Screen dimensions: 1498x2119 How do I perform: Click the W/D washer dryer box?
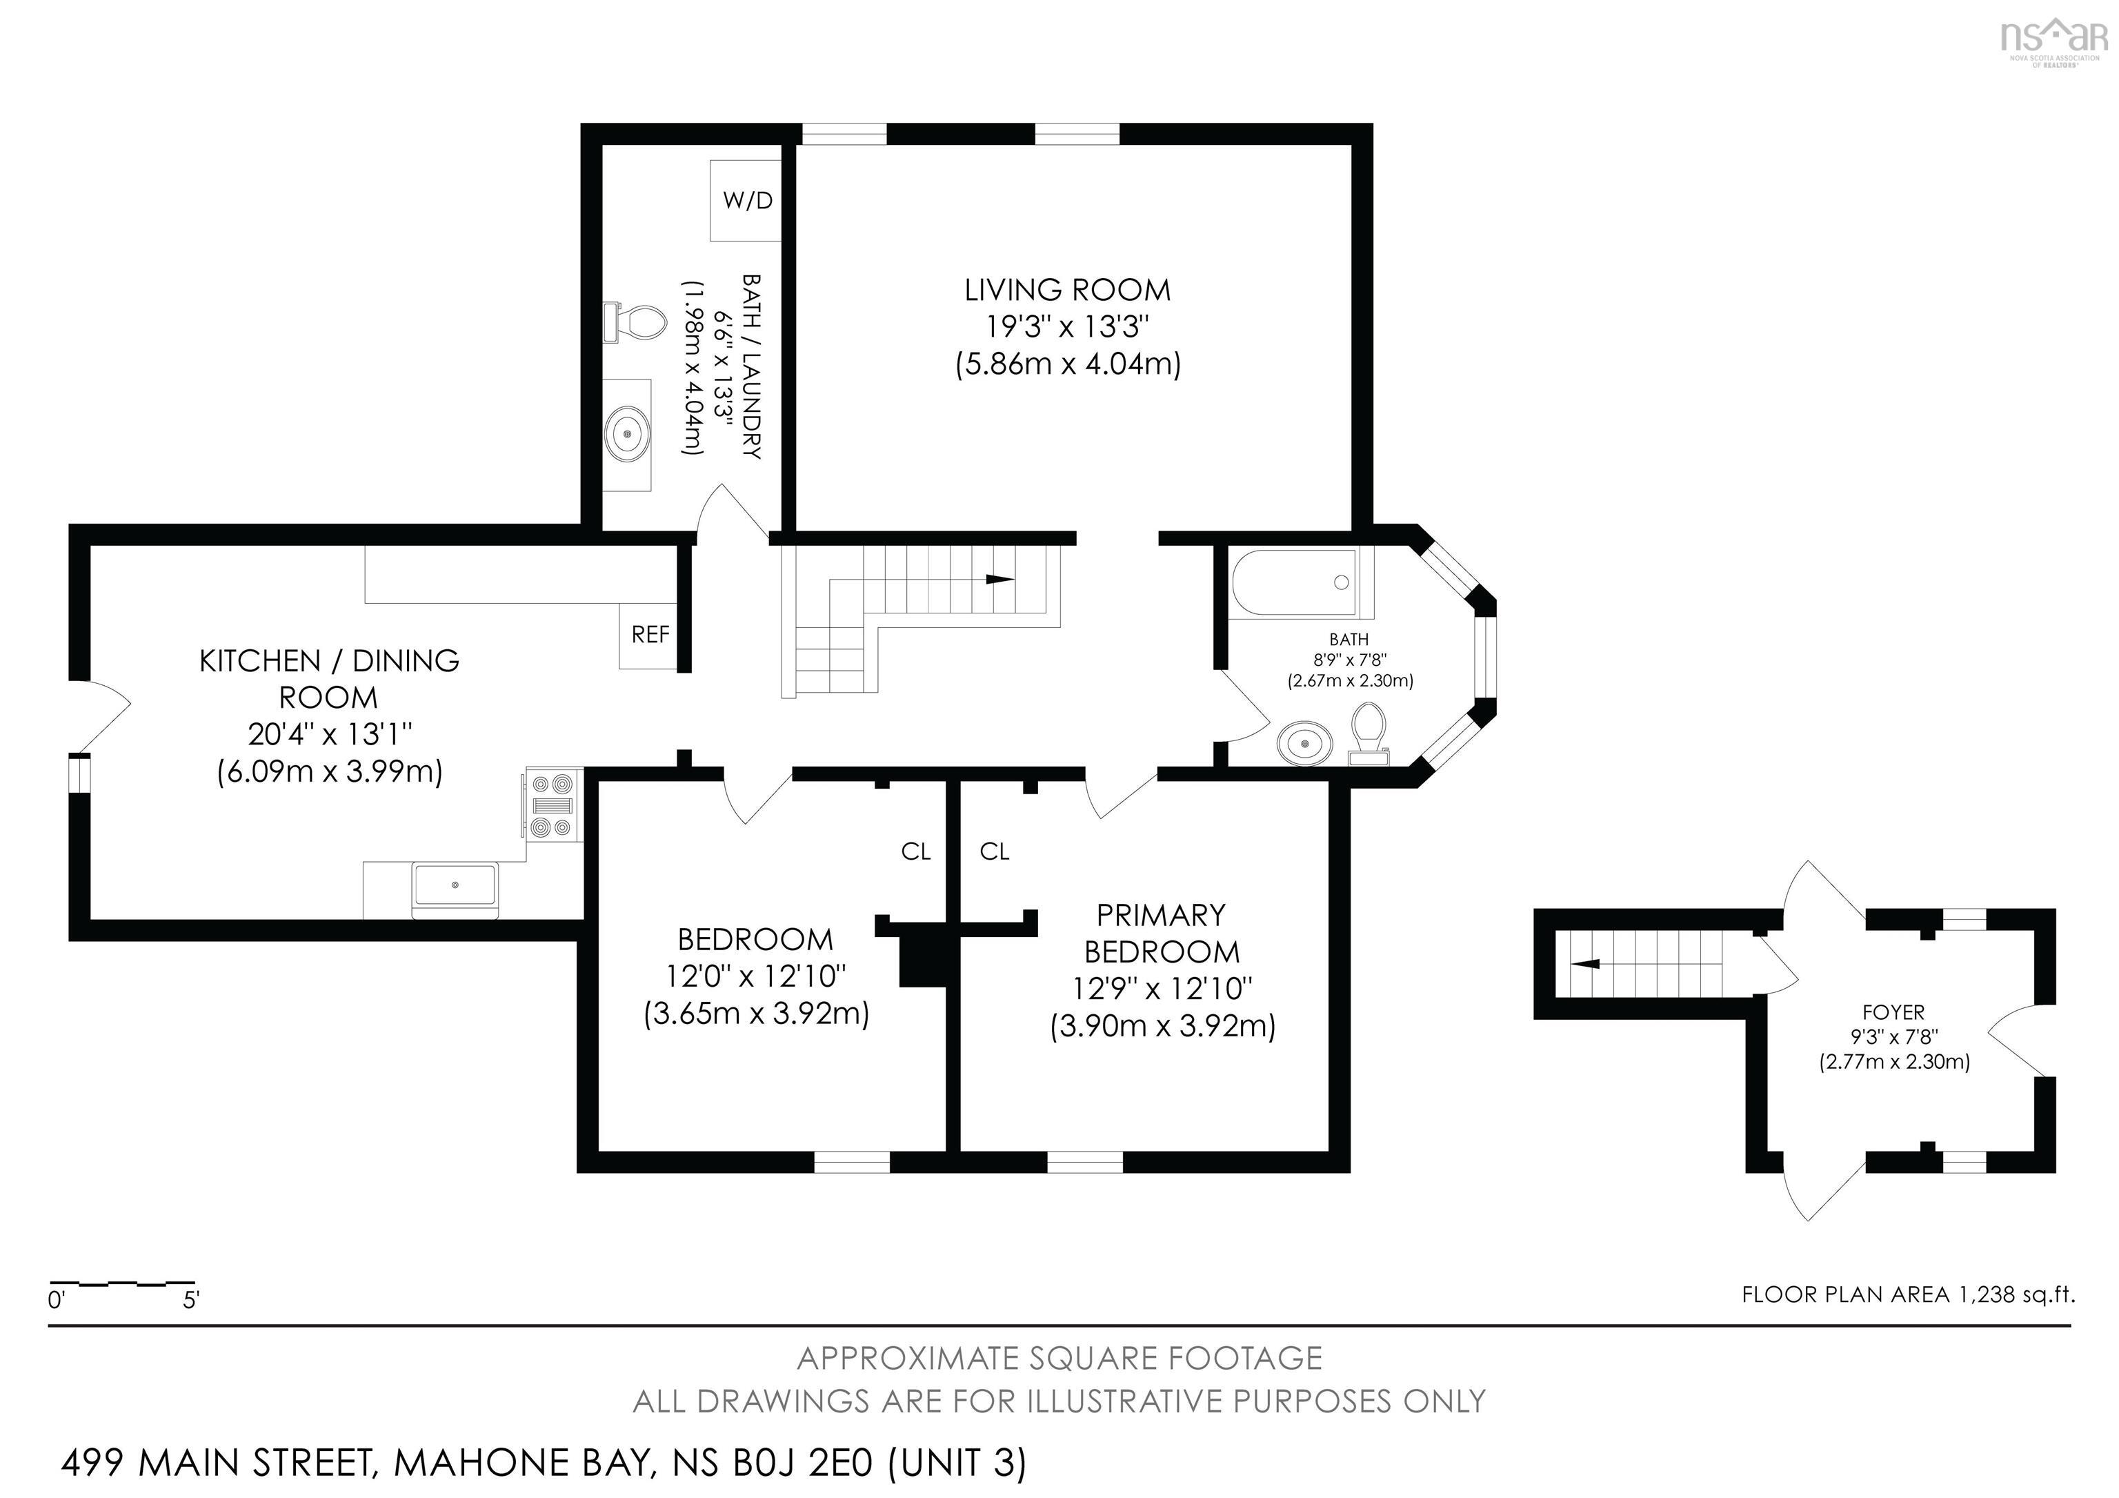pos(746,200)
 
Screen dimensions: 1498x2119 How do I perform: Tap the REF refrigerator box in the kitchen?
pos(650,635)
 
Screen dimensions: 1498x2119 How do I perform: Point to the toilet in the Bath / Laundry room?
pos(635,322)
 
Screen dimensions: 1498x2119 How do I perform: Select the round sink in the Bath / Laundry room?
pos(628,433)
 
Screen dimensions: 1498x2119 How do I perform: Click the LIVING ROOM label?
pos(1067,290)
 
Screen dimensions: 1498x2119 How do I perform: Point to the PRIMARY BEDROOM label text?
pos(1161,932)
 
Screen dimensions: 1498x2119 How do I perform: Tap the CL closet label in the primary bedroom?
pos(994,851)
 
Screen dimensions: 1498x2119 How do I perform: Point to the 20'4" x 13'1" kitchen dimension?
pos(330,735)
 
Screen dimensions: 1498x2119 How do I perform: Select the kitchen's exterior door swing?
pos(103,716)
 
